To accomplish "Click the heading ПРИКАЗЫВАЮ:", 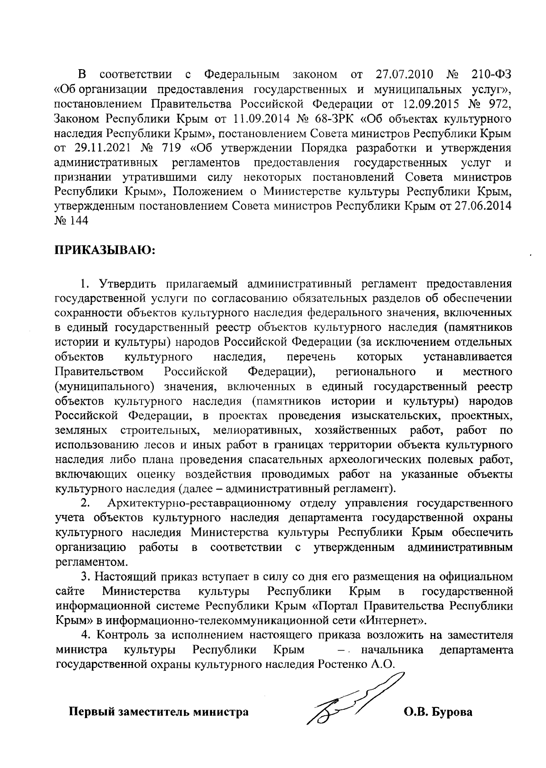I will [105, 250].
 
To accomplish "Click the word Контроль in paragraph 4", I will [121, 635].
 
